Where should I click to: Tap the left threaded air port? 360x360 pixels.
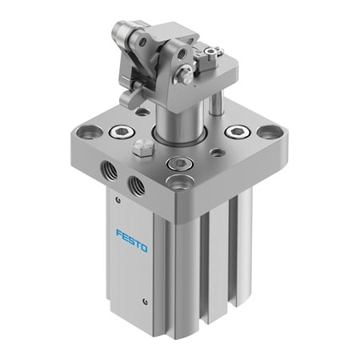[x=108, y=171]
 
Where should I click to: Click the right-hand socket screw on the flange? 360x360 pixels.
[x=238, y=132]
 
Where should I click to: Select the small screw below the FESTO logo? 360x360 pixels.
[x=145, y=301]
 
